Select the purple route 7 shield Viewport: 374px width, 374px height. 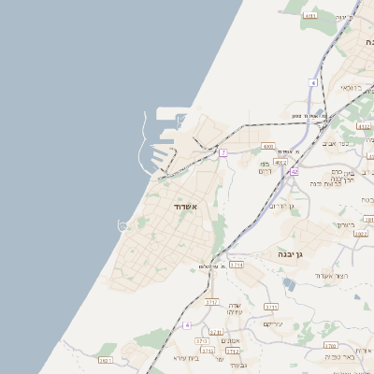223,151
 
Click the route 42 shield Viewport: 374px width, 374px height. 294,172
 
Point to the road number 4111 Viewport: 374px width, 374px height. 310,16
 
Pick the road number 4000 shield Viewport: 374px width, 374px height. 268,147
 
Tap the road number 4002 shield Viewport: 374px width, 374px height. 280,162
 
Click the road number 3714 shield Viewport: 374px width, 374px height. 236,266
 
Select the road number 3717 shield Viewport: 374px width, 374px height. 211,303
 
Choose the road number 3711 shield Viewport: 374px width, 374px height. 271,307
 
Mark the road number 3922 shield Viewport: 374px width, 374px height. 361,235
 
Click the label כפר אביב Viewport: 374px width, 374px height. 357,144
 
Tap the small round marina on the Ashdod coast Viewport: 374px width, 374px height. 122,224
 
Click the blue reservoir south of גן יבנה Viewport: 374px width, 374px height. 288,284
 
